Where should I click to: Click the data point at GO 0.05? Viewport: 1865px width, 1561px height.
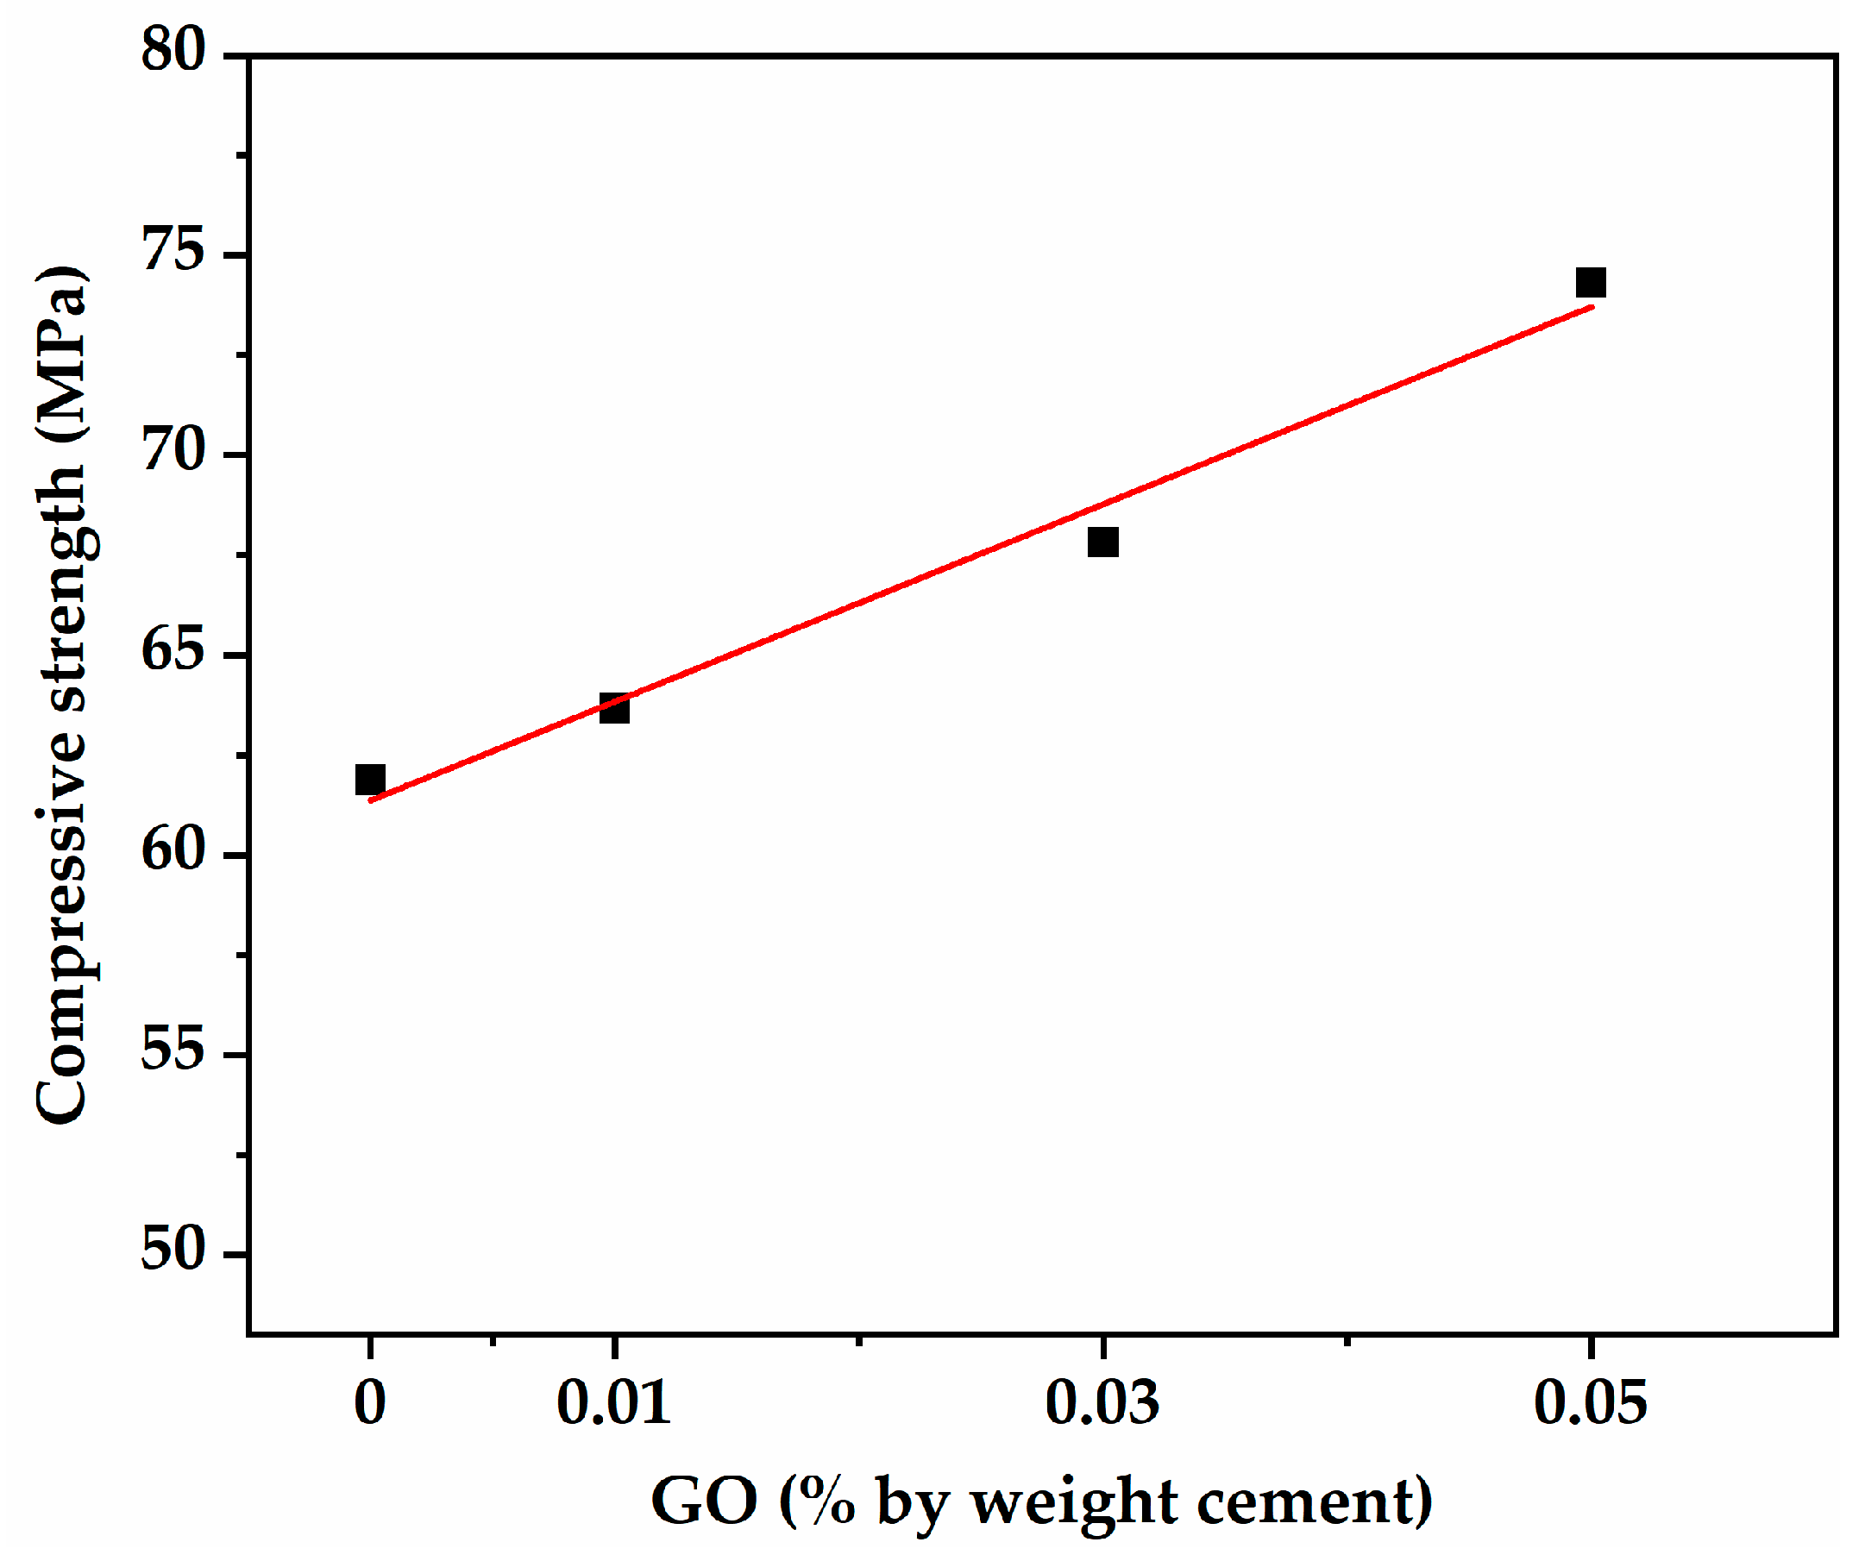(1591, 283)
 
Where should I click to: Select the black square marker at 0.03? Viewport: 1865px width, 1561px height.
(1103, 542)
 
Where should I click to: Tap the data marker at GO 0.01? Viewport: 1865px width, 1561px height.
(614, 710)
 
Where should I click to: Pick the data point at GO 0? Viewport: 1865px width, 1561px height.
(370, 780)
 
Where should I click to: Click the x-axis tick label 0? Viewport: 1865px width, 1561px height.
(370, 1404)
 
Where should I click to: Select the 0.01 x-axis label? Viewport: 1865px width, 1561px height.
(613, 1404)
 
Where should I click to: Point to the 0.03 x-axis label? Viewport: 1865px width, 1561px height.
(1102, 1404)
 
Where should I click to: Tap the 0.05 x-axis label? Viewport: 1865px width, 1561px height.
(1591, 1404)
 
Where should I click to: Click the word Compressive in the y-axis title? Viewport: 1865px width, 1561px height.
(62, 932)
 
